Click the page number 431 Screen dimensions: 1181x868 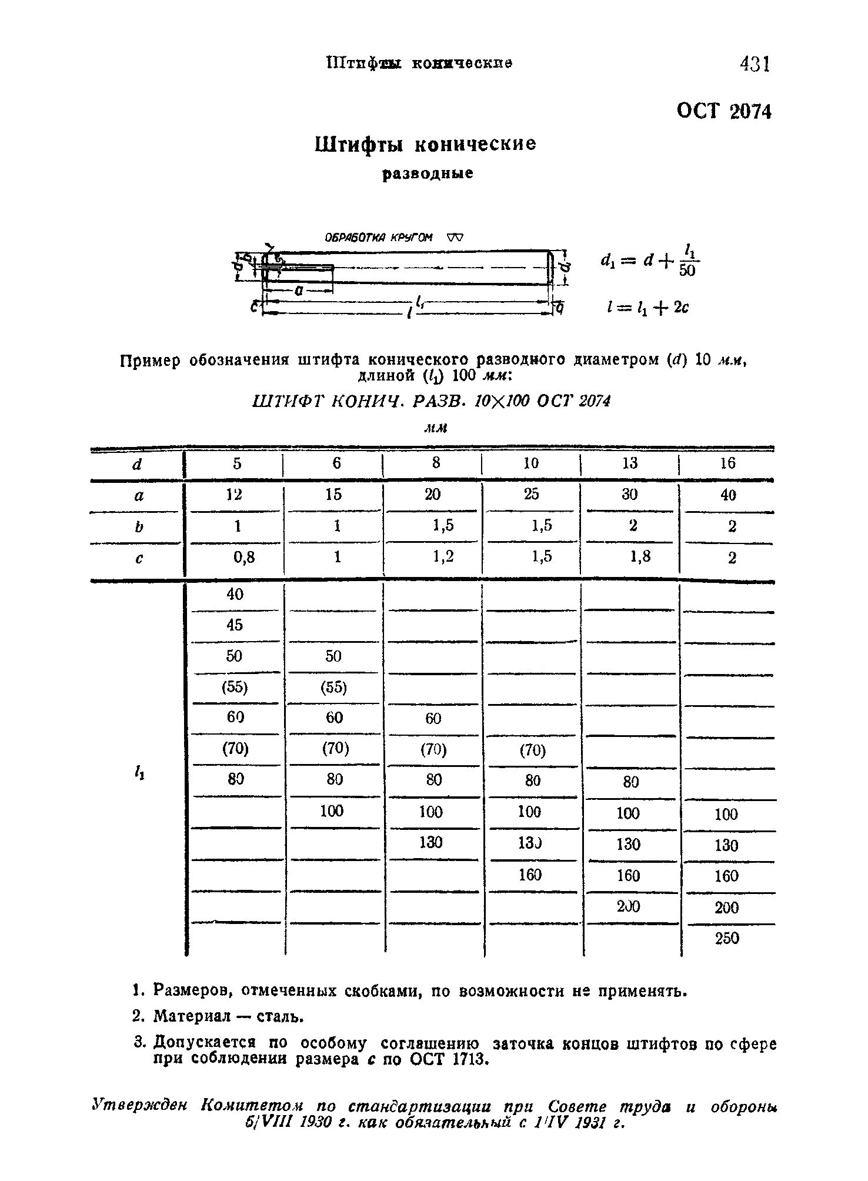pos(755,64)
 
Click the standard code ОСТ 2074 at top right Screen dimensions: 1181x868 pos(723,111)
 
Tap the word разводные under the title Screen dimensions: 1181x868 pos(428,174)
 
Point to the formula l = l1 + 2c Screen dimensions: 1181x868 pos(645,307)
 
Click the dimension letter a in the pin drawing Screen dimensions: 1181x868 pos(299,291)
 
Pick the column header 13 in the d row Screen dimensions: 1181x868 pos(629,463)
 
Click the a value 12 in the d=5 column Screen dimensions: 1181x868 pos(234,495)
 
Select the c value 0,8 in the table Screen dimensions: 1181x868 pos(243,557)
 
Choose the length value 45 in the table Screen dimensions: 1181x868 pos(234,625)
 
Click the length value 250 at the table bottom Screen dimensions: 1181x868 pos(727,938)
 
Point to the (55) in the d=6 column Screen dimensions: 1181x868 pos(333,687)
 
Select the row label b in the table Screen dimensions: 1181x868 pos(139,526)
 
